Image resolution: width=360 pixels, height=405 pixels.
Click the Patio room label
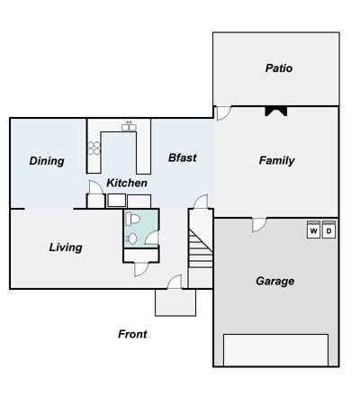pos(279,68)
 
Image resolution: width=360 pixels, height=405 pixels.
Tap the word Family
pos(276,161)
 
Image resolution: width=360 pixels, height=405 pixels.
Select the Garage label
pos(275,282)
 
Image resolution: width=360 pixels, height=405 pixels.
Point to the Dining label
pos(47,161)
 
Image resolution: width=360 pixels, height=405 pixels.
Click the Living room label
pos(66,247)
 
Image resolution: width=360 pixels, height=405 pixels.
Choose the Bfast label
pos(183,157)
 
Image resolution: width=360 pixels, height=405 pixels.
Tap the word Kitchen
pos(127,183)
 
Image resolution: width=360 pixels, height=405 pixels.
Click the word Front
pos(132,334)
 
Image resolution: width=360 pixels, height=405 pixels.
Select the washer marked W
pos(313,230)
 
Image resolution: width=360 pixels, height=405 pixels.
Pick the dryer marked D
pos(328,230)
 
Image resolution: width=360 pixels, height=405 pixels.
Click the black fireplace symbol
pos(276,112)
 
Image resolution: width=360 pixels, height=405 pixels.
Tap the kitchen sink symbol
pos(129,127)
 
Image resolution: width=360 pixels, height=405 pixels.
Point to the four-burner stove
pos(94,148)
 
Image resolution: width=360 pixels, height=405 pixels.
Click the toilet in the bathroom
pos(133,219)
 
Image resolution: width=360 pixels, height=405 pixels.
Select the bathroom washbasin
pos(131,238)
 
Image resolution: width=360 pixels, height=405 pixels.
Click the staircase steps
pos(201,248)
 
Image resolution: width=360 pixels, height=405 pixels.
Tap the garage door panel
pos(275,350)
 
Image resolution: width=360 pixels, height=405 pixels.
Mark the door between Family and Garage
pos(259,225)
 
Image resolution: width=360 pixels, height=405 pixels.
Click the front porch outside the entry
pos(175,302)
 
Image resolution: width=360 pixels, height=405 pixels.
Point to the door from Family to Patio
pos(224,113)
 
